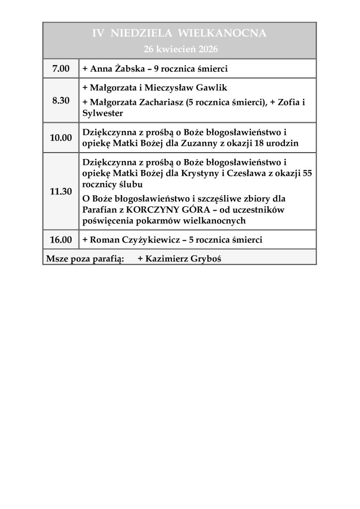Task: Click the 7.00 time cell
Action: [61, 68]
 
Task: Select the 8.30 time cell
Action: [61, 100]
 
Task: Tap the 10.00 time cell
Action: [61, 138]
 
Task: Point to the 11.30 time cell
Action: [61, 191]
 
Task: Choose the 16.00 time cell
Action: [61, 240]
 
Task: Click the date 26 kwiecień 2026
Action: [180, 49]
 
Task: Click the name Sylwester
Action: [102, 113]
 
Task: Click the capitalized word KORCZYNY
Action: [150, 210]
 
